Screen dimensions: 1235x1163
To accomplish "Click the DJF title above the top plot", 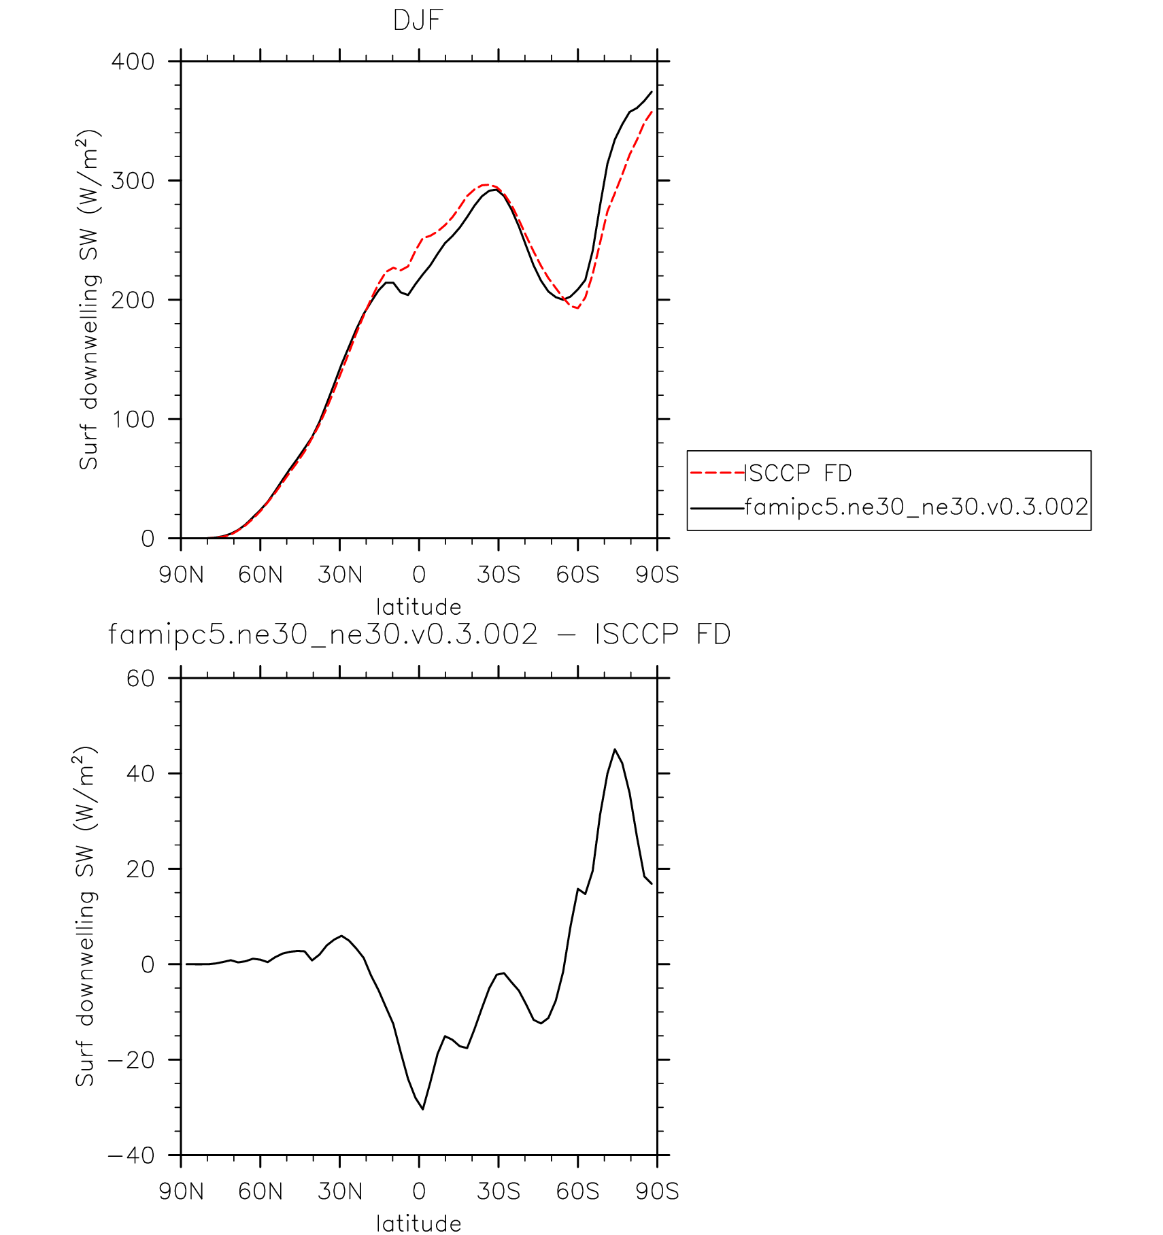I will point(418,21).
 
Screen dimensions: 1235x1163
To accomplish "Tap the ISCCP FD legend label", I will point(798,473).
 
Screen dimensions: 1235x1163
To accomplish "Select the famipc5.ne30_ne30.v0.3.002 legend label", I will point(916,507).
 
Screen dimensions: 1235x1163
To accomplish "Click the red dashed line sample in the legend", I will point(717,473).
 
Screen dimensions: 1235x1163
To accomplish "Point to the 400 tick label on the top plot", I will point(133,62).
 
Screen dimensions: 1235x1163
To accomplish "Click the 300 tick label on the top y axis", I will point(133,181).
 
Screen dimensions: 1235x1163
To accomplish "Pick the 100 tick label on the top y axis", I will point(133,420).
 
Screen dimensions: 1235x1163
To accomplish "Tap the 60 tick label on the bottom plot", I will point(141,679).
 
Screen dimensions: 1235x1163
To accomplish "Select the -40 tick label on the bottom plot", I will point(132,1156).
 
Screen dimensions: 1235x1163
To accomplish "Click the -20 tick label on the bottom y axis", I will point(132,1060).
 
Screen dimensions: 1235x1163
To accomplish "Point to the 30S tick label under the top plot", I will point(499,575).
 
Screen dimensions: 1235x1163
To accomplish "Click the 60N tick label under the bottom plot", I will point(260,1192).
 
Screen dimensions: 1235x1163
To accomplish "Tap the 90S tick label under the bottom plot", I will point(657,1192).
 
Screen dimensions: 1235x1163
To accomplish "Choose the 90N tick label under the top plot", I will point(181,575).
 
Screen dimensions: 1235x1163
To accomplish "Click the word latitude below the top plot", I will point(418,607).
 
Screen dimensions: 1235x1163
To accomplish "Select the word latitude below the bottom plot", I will point(418,1223).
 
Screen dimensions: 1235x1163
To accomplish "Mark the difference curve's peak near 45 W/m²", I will point(615,749).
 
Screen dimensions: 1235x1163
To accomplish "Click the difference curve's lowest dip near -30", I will point(422,1109).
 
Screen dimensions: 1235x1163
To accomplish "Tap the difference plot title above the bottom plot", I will point(419,635).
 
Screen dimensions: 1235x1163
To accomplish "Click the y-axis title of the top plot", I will point(89,299).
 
